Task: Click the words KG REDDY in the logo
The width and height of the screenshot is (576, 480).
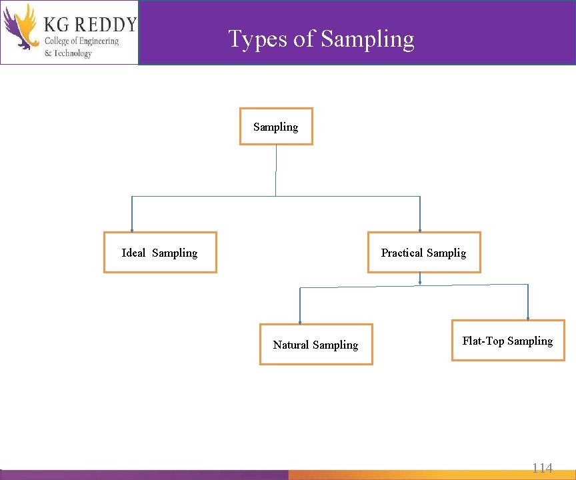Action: (x=89, y=25)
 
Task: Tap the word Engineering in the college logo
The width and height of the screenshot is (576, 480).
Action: (x=96, y=41)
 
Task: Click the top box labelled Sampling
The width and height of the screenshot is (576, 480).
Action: (x=276, y=127)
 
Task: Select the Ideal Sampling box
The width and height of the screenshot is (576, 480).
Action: (x=160, y=253)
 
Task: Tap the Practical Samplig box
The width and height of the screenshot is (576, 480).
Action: (x=424, y=253)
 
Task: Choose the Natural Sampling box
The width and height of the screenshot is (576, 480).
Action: (x=316, y=345)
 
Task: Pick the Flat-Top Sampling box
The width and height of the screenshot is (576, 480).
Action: (x=508, y=341)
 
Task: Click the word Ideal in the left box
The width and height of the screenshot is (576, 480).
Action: (x=133, y=253)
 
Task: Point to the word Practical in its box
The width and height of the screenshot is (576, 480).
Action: (x=402, y=253)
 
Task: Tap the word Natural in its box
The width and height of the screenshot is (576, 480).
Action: (x=291, y=345)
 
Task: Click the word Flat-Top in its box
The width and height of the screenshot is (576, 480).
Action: (x=483, y=341)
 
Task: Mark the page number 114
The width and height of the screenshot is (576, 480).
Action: (x=542, y=468)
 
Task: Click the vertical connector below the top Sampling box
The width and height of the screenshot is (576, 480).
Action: (x=276, y=170)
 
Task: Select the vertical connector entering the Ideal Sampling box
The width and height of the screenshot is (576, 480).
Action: (x=132, y=213)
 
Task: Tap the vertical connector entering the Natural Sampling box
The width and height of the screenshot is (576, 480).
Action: (x=300, y=305)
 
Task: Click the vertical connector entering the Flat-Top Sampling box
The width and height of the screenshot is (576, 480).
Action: (x=528, y=302)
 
